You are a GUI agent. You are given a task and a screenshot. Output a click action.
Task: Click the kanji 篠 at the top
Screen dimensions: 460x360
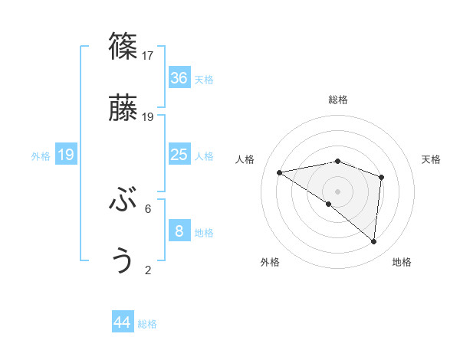click(123, 47)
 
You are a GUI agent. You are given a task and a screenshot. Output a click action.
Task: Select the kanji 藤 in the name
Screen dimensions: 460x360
click(123, 109)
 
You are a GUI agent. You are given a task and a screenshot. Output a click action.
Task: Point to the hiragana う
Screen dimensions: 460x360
click(123, 261)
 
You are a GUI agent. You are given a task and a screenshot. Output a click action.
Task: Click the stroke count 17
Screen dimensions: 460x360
click(148, 55)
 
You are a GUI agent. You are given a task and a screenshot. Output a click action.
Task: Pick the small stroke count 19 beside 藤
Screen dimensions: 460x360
click(148, 117)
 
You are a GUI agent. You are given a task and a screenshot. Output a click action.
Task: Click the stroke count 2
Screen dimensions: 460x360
click(148, 270)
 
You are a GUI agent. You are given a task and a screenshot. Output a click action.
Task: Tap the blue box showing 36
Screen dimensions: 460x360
click(179, 78)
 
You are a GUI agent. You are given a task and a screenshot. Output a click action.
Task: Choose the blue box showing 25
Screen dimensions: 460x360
click(179, 155)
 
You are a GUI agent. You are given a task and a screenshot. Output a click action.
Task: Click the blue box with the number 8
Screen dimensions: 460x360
click(179, 231)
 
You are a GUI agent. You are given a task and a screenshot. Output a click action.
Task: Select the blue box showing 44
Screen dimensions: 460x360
click(123, 323)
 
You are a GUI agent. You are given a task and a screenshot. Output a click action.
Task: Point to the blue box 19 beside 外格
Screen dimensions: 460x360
click(66, 155)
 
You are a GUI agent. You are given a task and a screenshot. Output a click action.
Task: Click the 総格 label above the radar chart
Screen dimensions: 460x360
click(338, 100)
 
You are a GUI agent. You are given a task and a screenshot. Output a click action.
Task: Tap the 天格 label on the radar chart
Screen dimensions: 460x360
click(432, 159)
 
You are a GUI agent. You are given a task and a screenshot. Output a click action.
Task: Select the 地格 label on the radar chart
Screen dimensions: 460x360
click(402, 262)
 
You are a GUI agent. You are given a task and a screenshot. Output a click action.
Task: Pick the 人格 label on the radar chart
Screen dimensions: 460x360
click(245, 159)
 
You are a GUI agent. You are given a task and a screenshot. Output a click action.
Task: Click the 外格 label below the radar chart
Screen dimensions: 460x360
click(270, 262)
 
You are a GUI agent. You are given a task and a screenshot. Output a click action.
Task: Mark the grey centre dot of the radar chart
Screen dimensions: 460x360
click(337, 191)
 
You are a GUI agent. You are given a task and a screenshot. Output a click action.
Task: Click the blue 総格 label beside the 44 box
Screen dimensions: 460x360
click(147, 324)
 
